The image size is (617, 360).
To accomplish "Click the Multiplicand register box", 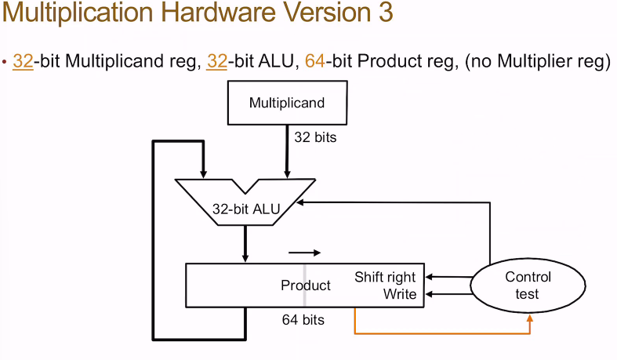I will [x=286, y=103].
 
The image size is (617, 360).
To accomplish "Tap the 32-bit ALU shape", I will [x=245, y=205].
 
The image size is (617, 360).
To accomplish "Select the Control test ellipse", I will [x=528, y=285].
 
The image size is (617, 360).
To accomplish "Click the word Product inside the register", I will [x=305, y=285].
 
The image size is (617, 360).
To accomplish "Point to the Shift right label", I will [x=385, y=277].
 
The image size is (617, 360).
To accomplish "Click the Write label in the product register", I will [x=399, y=294].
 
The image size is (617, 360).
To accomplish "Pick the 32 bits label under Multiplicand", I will [x=314, y=137].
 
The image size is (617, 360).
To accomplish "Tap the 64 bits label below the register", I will [x=303, y=320].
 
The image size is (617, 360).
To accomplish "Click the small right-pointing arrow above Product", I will [x=304, y=253].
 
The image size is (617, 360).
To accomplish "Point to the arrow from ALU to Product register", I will [x=245, y=244].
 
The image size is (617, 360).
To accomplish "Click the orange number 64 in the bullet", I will [x=314, y=61].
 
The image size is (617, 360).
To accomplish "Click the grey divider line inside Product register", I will [x=305, y=285].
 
